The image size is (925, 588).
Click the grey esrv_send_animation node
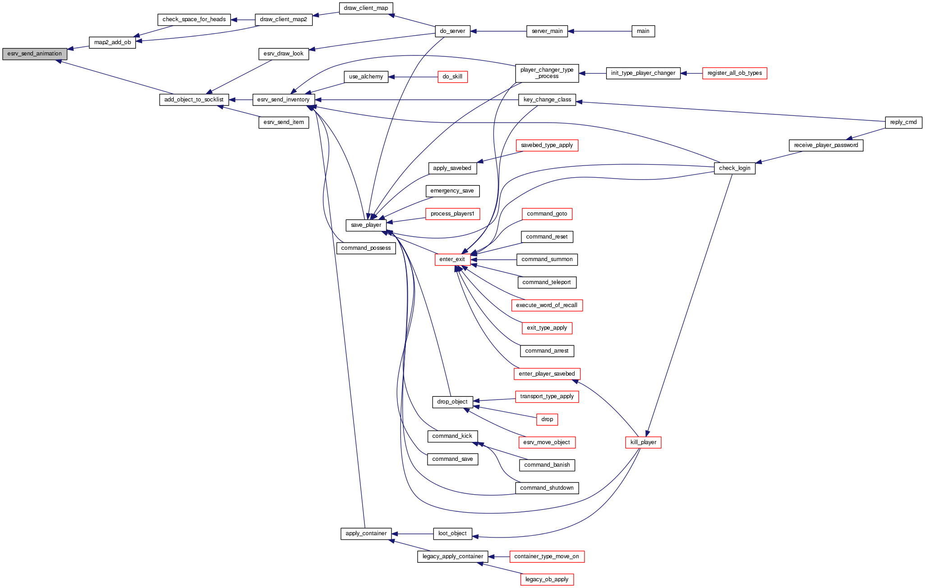pos(35,54)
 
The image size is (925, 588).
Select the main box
pos(643,31)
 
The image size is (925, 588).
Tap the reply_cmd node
pos(903,122)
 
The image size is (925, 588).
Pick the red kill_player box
pos(643,442)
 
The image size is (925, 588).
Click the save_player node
pos(366,225)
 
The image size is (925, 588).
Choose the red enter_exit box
pos(452,259)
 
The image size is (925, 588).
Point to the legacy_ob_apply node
pos(547,579)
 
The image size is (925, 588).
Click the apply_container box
pos(366,533)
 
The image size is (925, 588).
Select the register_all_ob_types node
pos(734,73)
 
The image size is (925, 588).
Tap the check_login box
pos(734,168)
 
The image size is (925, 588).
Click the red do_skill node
pos(452,77)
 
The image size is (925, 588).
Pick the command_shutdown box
pos(547,488)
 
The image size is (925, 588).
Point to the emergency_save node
pos(452,191)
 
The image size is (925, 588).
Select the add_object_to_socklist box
pos(194,100)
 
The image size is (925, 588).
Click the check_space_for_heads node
pos(194,19)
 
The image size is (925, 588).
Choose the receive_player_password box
pos(826,145)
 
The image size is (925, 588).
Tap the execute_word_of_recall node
pos(547,305)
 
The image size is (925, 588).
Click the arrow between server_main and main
pos(599,31)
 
